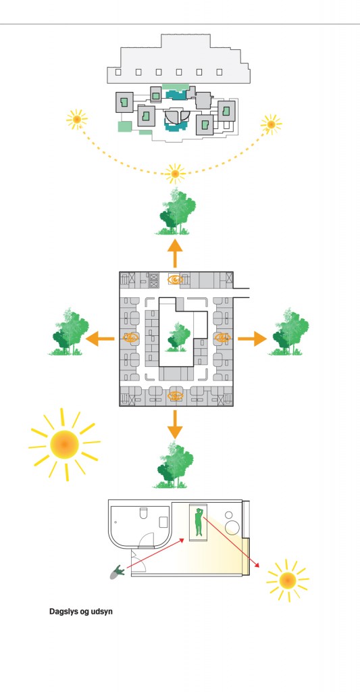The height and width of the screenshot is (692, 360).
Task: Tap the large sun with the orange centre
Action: point(64,445)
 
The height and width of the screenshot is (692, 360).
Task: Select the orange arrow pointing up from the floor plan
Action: point(175,253)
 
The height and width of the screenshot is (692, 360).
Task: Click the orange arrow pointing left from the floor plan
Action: point(100,339)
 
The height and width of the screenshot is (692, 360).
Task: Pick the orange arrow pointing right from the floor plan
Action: point(253,339)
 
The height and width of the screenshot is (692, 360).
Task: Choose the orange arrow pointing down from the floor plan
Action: point(175,424)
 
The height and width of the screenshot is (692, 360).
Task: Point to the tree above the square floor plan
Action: point(177,211)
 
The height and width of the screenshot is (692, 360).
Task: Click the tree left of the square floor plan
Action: point(69,332)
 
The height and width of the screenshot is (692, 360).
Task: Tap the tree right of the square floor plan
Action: point(289,332)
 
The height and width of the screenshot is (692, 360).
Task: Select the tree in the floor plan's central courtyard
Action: point(178,337)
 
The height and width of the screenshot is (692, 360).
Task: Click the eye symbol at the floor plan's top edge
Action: point(176,279)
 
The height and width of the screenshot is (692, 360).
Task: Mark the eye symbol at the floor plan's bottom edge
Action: point(176,396)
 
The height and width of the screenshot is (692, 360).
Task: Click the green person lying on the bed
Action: point(199,522)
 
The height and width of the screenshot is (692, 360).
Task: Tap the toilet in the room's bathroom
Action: point(143,513)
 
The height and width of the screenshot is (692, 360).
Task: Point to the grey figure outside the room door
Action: point(118,572)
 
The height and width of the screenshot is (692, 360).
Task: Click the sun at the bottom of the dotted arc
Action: point(175,174)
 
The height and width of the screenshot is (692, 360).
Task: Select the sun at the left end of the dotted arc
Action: point(77,119)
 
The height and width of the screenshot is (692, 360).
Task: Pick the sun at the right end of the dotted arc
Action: point(271,124)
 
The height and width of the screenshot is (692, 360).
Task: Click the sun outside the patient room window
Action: point(288,580)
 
